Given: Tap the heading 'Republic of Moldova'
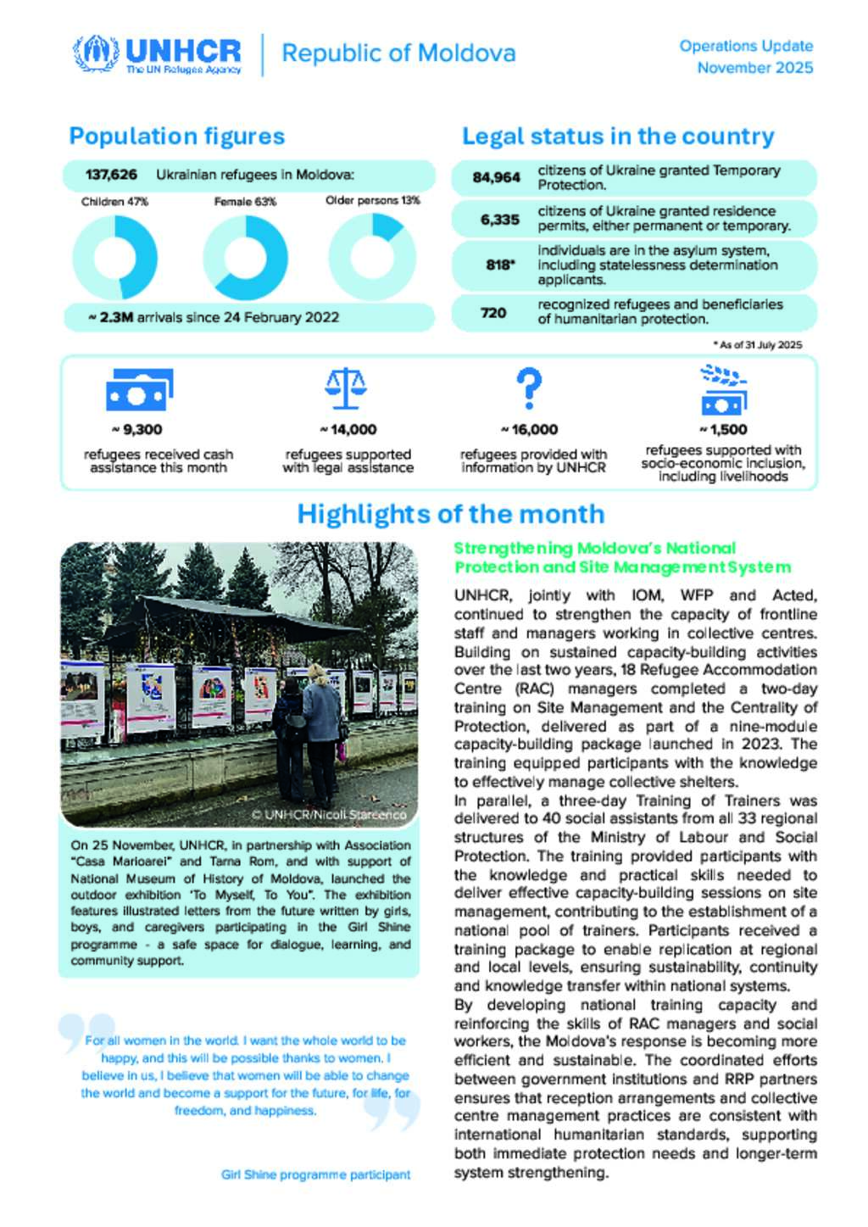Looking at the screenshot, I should [398, 53].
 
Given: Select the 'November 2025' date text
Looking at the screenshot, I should [754, 68].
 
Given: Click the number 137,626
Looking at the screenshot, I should [111, 175].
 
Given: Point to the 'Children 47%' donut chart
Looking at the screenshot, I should [114, 258].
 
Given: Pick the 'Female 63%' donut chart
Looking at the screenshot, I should [245, 258].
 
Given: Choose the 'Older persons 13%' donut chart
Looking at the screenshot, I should [372, 258].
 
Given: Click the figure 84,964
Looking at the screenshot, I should [497, 177].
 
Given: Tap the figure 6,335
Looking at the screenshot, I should [499, 220].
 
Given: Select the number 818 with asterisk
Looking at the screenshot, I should [500, 265].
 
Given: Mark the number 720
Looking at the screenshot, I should [493, 313].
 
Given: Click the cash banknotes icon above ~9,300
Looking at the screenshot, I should [139, 390].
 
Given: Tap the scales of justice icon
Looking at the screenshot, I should [346, 388].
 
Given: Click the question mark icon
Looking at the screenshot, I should [529, 388].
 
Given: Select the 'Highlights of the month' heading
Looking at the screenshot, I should [450, 514].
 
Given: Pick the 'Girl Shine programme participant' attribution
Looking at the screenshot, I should [315, 1174].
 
